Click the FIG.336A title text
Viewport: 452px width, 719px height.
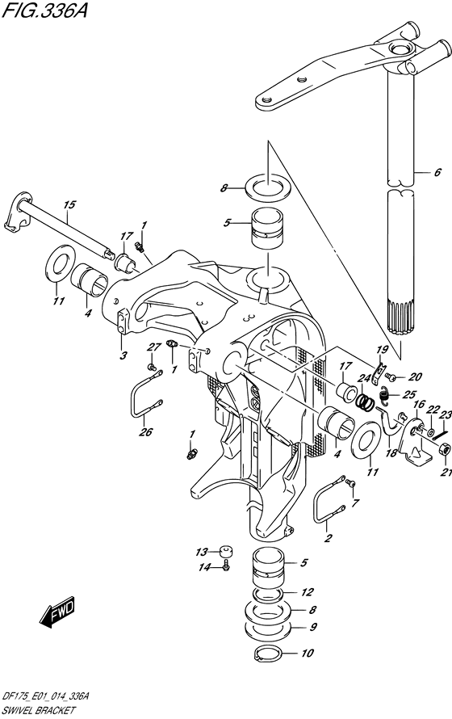[44, 9]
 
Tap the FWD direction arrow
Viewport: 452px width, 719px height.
[56, 612]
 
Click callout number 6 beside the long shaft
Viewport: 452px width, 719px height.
[437, 172]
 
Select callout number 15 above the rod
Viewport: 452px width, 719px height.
[69, 204]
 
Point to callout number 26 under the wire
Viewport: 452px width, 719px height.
[146, 431]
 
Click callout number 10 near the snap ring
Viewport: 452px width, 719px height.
[308, 653]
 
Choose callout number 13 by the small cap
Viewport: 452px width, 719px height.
[202, 552]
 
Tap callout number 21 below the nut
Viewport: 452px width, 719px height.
[447, 473]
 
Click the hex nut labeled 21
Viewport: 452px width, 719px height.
[444, 450]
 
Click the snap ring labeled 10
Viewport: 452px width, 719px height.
[269, 654]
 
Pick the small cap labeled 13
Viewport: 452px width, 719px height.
[224, 551]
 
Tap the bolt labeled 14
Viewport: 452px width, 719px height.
[226, 567]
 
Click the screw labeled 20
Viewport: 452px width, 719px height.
[390, 377]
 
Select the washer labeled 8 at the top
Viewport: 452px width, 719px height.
[266, 187]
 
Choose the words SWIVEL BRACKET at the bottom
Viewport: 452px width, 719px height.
[38, 710]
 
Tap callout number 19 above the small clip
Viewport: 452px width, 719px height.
[382, 351]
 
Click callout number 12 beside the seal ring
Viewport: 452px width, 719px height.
[308, 592]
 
